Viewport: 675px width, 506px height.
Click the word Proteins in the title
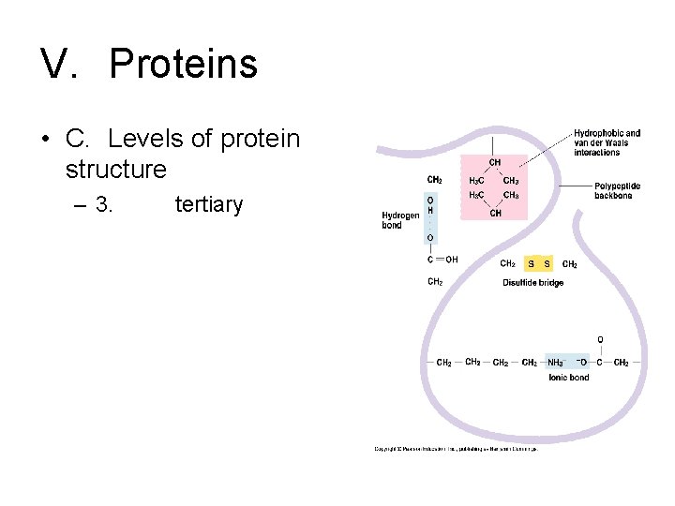pyautogui.click(x=183, y=64)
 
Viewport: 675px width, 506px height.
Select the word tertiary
pyautogui.click(x=208, y=204)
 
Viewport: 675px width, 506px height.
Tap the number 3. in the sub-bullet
pyautogui.click(x=103, y=204)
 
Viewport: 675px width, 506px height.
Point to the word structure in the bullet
pyautogui.click(x=116, y=170)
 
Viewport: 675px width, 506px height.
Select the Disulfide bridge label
pyautogui.click(x=532, y=282)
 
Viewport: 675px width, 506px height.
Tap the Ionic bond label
pyautogui.click(x=568, y=377)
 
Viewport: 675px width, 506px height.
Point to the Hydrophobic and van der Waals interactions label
pyautogui.click(x=607, y=142)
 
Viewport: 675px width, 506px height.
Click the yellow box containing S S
pyautogui.click(x=540, y=264)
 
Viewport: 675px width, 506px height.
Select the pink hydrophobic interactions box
pyautogui.click(x=494, y=188)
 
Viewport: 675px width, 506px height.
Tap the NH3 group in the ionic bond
pyautogui.click(x=555, y=363)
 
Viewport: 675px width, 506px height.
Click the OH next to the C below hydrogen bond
pyautogui.click(x=451, y=260)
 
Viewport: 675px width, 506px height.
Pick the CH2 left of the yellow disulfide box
pyautogui.click(x=507, y=264)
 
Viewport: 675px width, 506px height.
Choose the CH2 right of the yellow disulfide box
pyautogui.click(x=569, y=264)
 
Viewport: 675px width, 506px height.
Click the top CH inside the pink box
pyautogui.click(x=494, y=163)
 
